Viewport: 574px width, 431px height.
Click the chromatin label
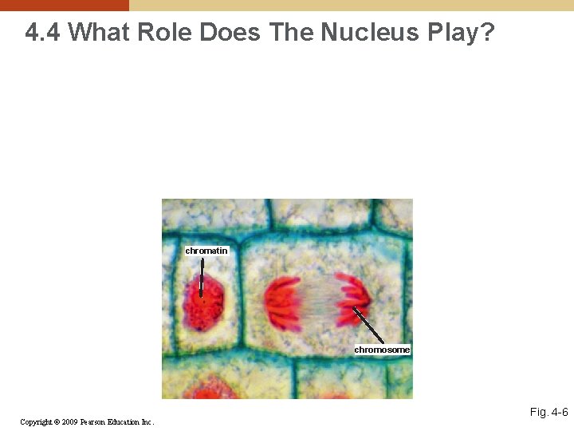point(206,251)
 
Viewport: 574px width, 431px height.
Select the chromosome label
point(382,350)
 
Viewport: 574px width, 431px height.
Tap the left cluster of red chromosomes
point(283,304)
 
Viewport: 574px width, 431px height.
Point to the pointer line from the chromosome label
point(368,326)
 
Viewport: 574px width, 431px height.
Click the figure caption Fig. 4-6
point(548,412)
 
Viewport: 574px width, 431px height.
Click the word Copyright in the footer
point(36,421)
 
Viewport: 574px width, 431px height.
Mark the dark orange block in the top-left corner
point(64,5)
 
